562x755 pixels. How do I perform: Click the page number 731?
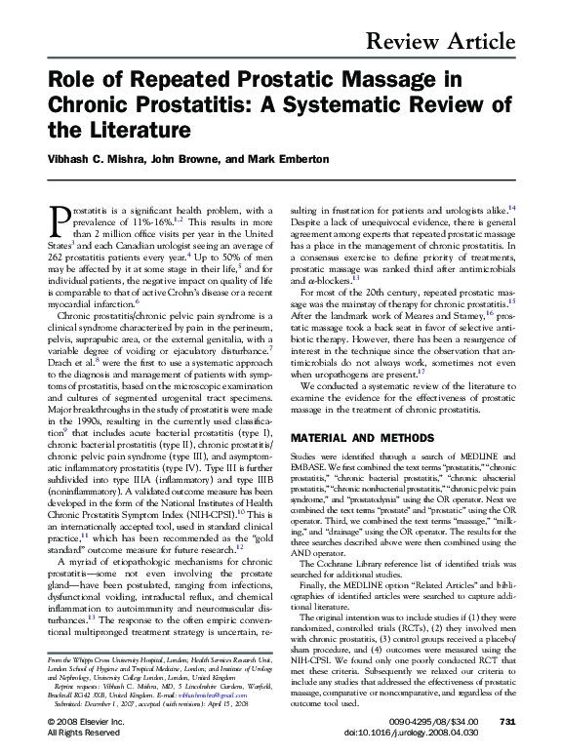click(505, 720)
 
